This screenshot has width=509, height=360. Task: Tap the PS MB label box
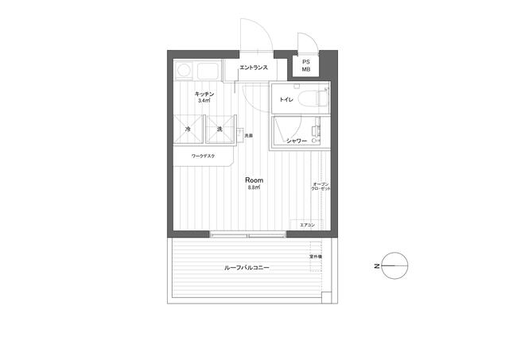(x=305, y=65)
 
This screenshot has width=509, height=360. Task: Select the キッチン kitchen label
(x=204, y=95)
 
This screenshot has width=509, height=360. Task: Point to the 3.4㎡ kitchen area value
(x=204, y=102)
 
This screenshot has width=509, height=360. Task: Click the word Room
(x=254, y=180)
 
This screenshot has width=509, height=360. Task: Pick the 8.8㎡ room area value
(x=254, y=188)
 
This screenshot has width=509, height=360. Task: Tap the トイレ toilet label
(x=286, y=100)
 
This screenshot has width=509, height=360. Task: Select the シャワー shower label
(x=297, y=141)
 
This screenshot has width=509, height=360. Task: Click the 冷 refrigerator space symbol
(x=188, y=129)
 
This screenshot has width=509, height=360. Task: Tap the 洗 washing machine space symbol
(x=218, y=129)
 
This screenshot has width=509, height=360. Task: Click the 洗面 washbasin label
(x=249, y=135)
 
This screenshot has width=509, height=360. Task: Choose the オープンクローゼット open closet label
(x=321, y=188)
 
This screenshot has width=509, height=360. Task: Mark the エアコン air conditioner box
(x=307, y=225)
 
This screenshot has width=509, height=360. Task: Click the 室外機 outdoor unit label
(x=316, y=257)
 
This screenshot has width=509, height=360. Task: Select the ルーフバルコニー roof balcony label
(x=247, y=269)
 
